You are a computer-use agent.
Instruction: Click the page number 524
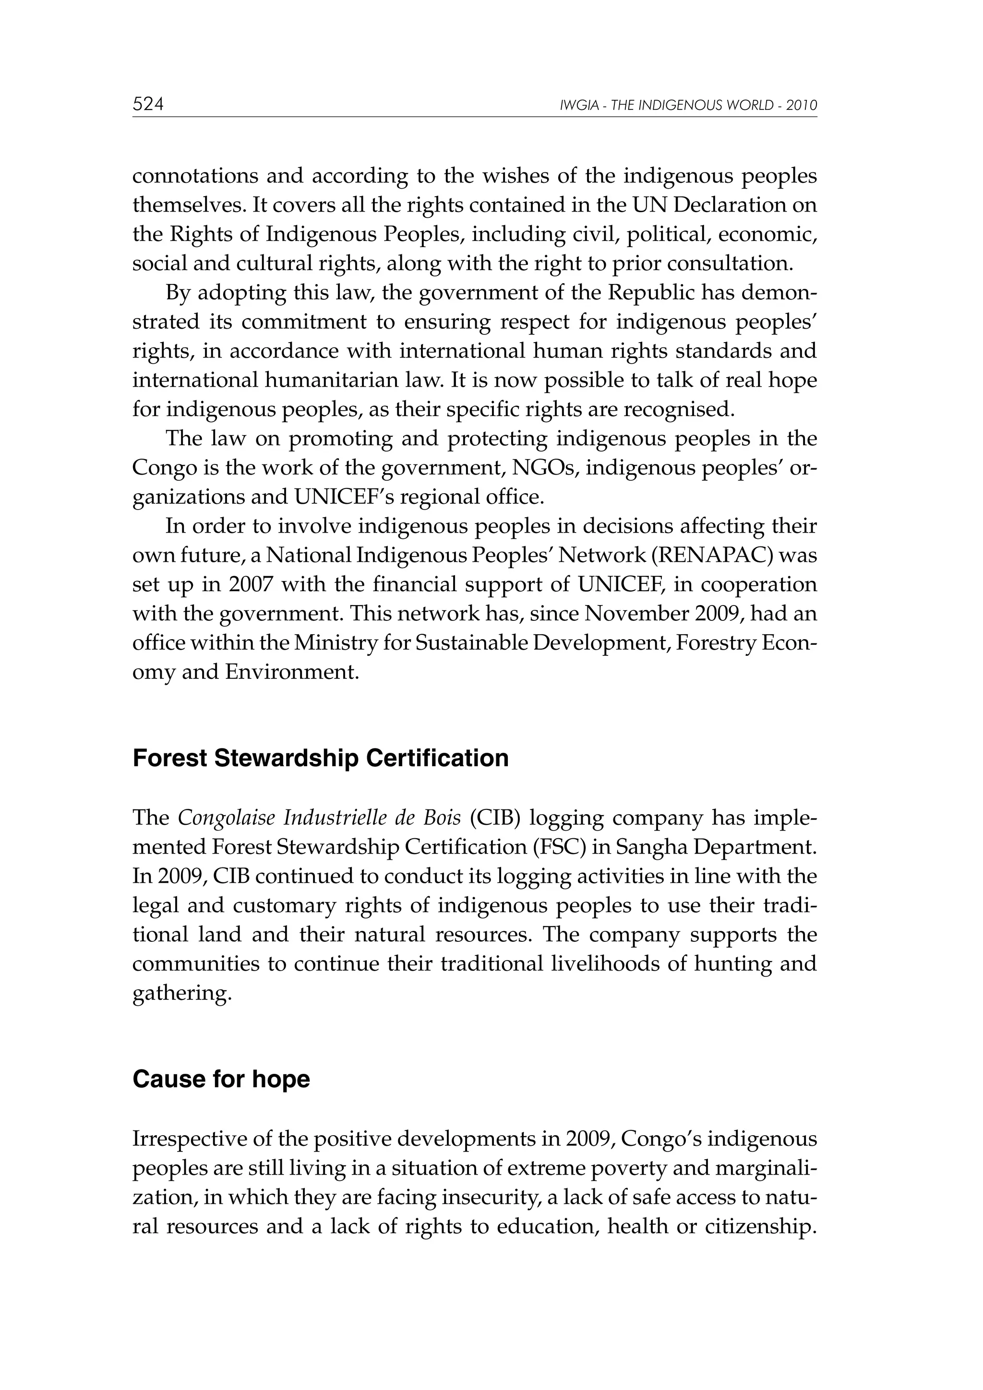tap(148, 105)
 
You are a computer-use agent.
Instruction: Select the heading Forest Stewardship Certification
tap(321, 759)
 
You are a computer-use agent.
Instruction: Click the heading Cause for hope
tap(221, 1079)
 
